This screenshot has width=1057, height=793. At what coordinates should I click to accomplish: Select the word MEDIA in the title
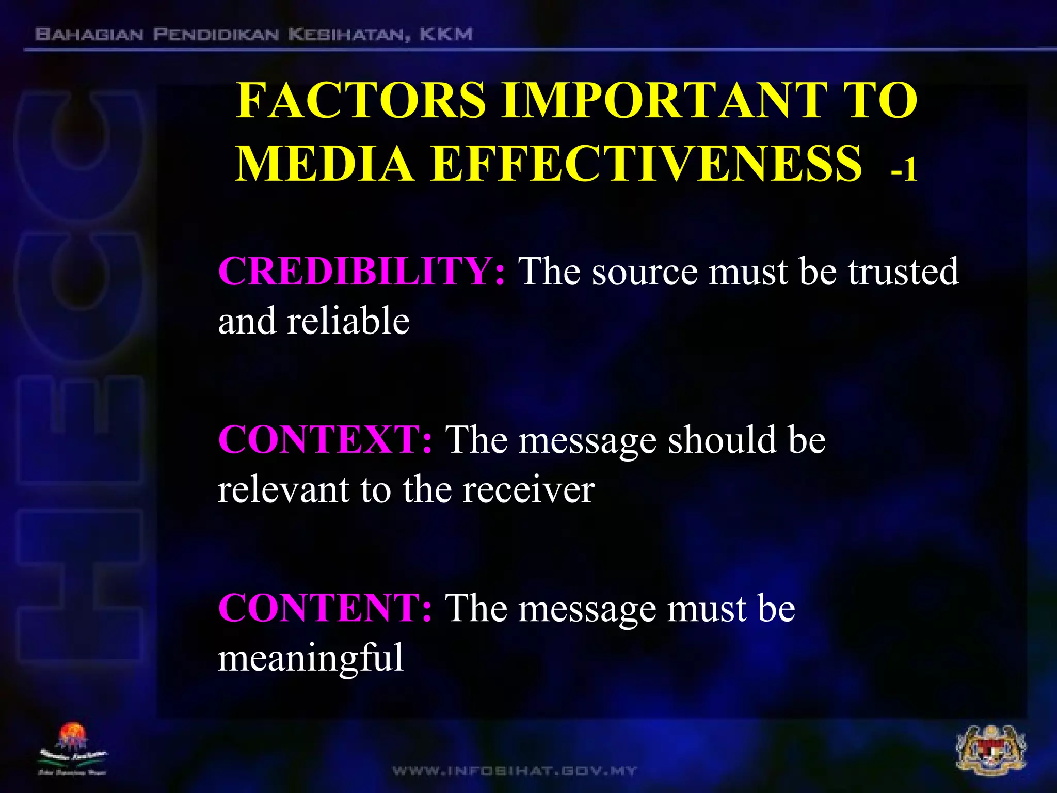tap(325, 164)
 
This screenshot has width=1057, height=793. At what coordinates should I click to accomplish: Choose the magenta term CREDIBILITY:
tap(361, 272)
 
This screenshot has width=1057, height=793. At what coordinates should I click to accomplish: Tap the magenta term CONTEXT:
tap(325, 440)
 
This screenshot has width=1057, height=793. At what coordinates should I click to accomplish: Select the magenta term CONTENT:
tap(325, 608)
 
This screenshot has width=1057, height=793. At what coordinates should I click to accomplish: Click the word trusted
tap(903, 272)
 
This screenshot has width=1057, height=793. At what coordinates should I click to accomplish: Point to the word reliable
tap(348, 321)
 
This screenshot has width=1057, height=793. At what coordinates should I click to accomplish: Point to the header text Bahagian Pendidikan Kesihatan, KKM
tap(253, 35)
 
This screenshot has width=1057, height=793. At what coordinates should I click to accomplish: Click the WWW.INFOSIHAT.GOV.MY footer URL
tap(515, 771)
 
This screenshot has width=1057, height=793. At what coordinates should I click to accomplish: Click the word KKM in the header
tap(446, 35)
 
